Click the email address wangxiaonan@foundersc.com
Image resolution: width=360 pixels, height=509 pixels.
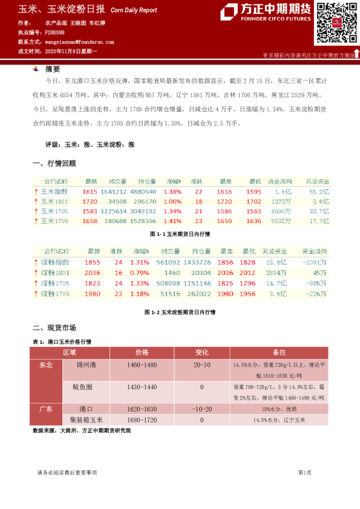point(80,42)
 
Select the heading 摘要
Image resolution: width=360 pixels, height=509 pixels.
point(53,69)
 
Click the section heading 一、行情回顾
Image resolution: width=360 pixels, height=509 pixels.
point(54,163)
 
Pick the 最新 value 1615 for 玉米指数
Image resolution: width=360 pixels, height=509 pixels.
point(89,191)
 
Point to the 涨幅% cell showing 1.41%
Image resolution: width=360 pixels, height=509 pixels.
point(172,221)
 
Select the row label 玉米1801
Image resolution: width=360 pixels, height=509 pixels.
point(54,201)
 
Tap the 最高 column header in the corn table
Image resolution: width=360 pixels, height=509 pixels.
point(226,181)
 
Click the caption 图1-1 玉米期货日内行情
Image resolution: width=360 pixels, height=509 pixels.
point(180,233)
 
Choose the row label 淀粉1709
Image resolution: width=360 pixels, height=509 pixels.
point(55,294)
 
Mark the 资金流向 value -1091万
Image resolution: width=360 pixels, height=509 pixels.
point(315,262)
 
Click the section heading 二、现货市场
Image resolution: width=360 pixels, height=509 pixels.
point(54,328)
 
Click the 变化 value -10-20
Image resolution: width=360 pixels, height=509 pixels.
point(202,408)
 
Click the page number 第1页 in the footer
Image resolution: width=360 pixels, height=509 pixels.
point(304,472)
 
